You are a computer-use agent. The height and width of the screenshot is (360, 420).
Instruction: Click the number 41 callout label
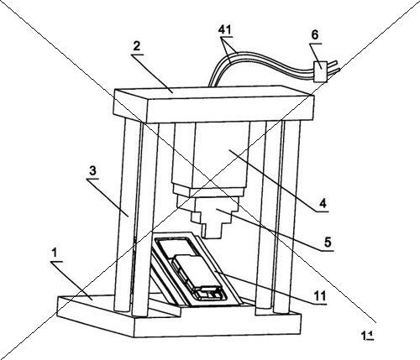[226, 29]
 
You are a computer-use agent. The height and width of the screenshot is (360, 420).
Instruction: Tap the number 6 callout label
[315, 35]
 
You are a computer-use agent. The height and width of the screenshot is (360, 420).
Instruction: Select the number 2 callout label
[136, 46]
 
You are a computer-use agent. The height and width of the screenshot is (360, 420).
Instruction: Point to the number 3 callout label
[92, 170]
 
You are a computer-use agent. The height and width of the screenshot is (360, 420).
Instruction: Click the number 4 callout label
[323, 203]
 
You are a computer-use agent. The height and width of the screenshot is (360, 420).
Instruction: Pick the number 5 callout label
[328, 242]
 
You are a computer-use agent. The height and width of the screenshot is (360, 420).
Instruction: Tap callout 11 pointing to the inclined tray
[319, 295]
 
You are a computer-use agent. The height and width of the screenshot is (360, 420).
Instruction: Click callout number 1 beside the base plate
[55, 253]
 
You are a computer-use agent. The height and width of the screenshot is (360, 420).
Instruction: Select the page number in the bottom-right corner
[367, 335]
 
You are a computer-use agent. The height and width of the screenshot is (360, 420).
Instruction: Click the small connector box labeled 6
[320, 71]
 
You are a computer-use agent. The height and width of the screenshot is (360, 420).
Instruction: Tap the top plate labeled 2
[213, 104]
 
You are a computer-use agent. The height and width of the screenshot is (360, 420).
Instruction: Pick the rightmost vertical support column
[291, 216]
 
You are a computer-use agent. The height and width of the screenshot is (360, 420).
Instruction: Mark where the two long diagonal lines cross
[211, 180]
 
